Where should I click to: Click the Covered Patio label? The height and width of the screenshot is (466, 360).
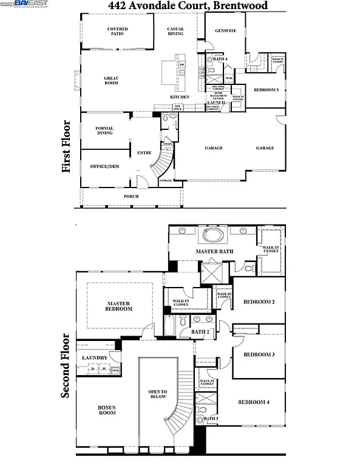point(117,32)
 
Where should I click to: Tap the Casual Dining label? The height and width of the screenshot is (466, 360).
point(175,32)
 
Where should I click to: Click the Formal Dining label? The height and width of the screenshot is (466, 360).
point(105,130)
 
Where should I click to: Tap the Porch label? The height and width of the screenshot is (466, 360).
point(131,196)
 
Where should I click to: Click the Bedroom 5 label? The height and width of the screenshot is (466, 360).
point(266,90)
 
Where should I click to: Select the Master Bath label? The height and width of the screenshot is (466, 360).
point(214,251)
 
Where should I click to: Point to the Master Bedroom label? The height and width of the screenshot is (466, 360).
point(120,306)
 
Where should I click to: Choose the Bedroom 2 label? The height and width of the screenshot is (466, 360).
point(259,302)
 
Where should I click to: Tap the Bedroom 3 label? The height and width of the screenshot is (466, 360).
point(259,354)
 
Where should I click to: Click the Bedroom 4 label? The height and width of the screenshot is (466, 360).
point(253,402)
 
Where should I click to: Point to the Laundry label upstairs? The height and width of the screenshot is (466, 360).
point(95,357)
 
